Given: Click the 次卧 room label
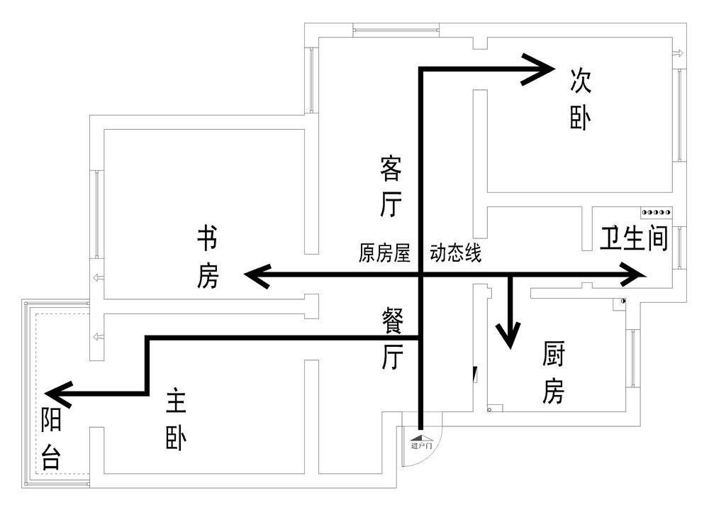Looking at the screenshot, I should click(580, 100).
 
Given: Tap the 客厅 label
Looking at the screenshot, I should click(391, 187).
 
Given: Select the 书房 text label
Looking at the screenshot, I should click(207, 258).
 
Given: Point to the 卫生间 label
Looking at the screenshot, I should click(634, 239).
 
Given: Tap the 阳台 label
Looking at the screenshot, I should click(51, 439).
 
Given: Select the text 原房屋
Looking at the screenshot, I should click(385, 253).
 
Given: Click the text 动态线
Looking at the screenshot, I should click(455, 253).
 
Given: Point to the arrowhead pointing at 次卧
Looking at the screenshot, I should click(539, 70).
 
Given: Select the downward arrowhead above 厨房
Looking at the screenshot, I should click(508, 333).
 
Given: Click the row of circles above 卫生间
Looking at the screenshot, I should click(656, 212).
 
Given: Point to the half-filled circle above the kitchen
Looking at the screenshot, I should click(623, 302).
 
